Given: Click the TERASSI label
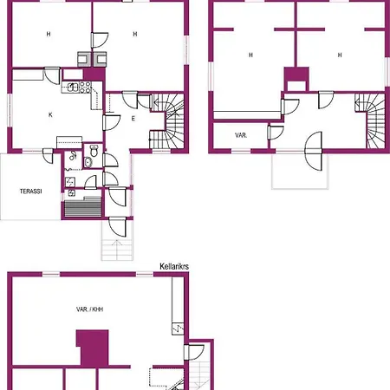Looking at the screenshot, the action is (30, 192).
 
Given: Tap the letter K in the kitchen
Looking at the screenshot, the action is (50, 115).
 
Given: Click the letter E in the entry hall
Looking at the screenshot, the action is (133, 119).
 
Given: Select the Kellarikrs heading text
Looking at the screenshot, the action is (174, 266).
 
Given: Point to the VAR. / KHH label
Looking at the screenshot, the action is (89, 309).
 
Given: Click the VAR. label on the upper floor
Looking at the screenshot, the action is (241, 135).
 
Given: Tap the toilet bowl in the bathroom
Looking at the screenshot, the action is (94, 150).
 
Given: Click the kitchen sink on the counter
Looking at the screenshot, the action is (73, 87).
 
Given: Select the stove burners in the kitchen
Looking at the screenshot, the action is (85, 88).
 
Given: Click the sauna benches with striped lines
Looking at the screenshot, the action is (83, 209).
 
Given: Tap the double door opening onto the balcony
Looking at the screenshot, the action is (314, 151).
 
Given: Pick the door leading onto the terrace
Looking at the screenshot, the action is (48, 155).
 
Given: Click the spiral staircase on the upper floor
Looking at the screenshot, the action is (370, 120).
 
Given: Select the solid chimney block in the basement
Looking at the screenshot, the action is (93, 348).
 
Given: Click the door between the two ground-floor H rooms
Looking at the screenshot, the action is (100, 40).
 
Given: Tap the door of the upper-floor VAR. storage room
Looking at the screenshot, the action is (276, 133).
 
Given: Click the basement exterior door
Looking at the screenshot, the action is (194, 352).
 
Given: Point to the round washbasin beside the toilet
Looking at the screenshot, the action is (88, 162).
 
